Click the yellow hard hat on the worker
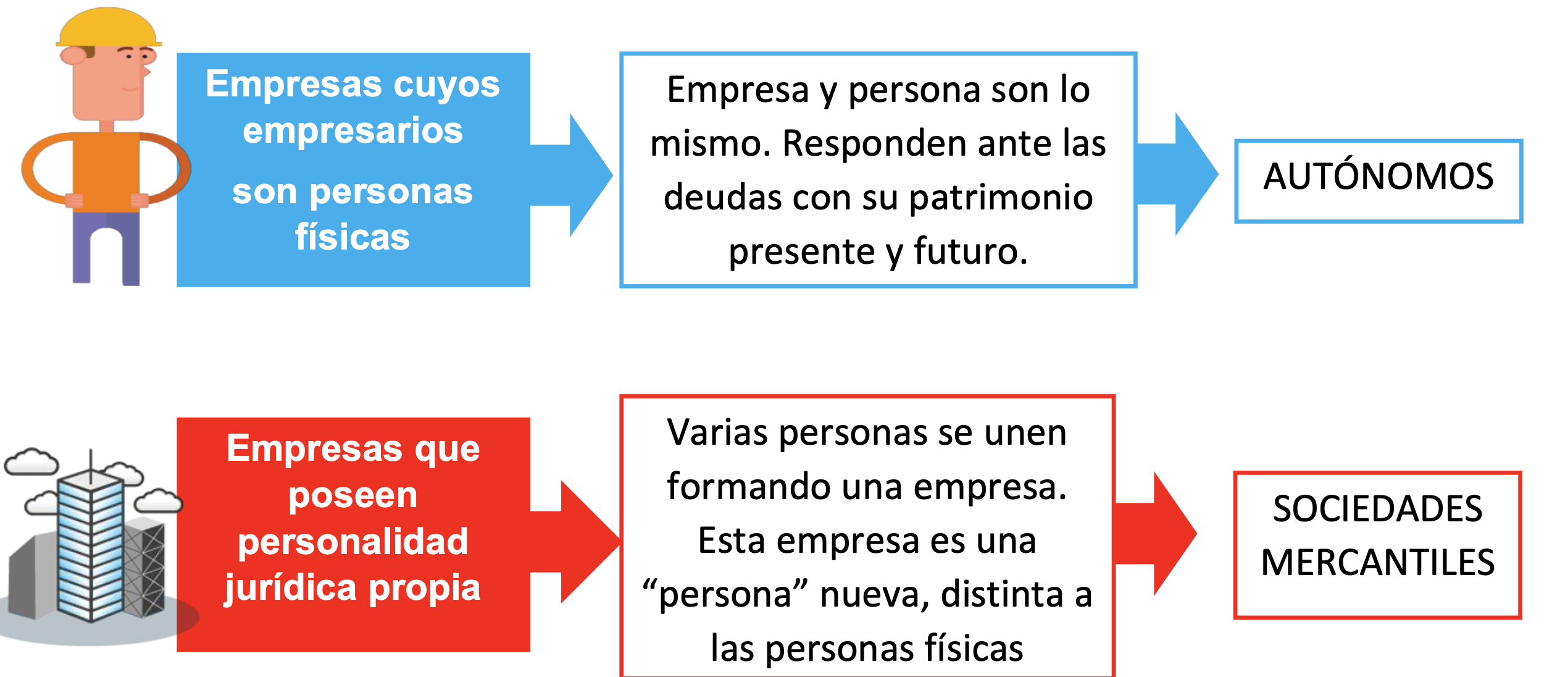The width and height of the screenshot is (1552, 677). click(x=109, y=28)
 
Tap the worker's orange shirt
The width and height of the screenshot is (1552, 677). click(x=106, y=170)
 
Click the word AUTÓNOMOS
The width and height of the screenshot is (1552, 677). click(x=1378, y=177)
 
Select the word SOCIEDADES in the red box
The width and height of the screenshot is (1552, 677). click(x=1377, y=509)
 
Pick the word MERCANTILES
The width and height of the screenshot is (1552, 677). click(x=1377, y=563)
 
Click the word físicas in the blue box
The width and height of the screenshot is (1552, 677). click(x=353, y=237)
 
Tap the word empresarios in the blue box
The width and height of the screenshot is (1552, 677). click(x=353, y=131)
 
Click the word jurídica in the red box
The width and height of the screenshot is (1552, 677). click(x=290, y=588)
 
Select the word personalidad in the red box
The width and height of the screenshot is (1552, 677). click(x=353, y=541)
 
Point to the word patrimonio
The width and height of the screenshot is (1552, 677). click(x=1001, y=198)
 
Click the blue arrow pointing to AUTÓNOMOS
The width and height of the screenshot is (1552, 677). click(x=1177, y=174)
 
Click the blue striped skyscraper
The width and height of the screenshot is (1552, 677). click(x=91, y=544)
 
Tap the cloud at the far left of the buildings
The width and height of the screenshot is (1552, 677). click(x=31, y=462)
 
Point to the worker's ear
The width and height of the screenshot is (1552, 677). click(x=73, y=56)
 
